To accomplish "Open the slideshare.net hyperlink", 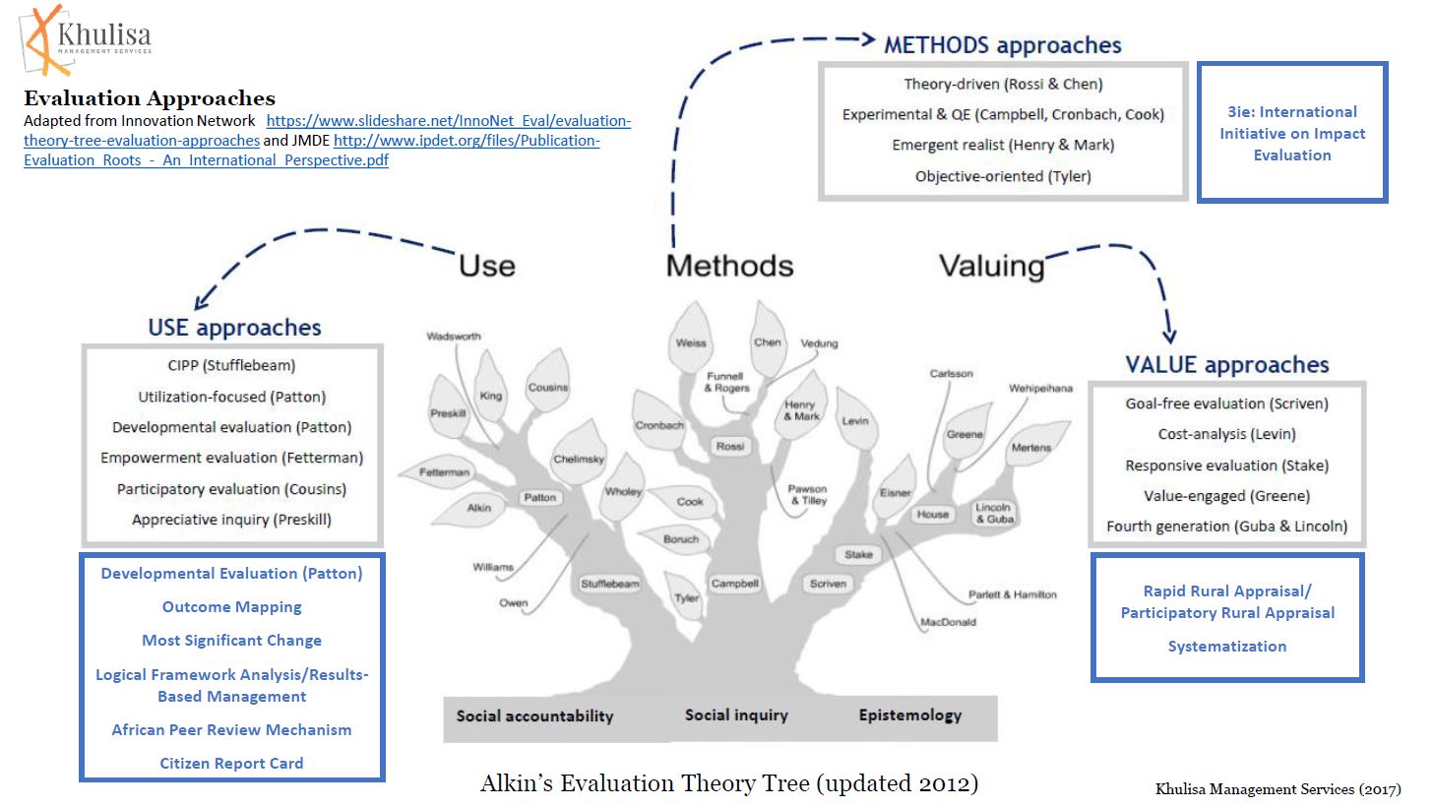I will [x=449, y=120].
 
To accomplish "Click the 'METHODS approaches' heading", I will [x=1002, y=44].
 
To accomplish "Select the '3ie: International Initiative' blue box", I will [x=1292, y=133].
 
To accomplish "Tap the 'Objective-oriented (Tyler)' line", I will [x=1003, y=176].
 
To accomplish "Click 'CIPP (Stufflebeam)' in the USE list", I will [x=231, y=365].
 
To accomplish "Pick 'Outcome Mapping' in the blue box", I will [x=231, y=607].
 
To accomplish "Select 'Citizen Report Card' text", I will [x=231, y=763].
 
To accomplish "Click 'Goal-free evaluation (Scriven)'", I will [x=1226, y=404].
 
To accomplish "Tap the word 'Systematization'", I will [x=1226, y=646].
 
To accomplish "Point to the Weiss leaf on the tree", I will [x=691, y=343].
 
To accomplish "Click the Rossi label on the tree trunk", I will [x=730, y=447].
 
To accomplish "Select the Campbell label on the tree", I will [x=734, y=583].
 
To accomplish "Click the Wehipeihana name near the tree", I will [x=1039, y=389].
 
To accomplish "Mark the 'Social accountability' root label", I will [x=534, y=715].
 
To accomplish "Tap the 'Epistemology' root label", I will [x=909, y=715].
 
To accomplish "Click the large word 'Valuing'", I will [x=991, y=266].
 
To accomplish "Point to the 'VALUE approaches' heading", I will [x=1226, y=364].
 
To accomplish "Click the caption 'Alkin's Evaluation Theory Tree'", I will [x=729, y=783].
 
